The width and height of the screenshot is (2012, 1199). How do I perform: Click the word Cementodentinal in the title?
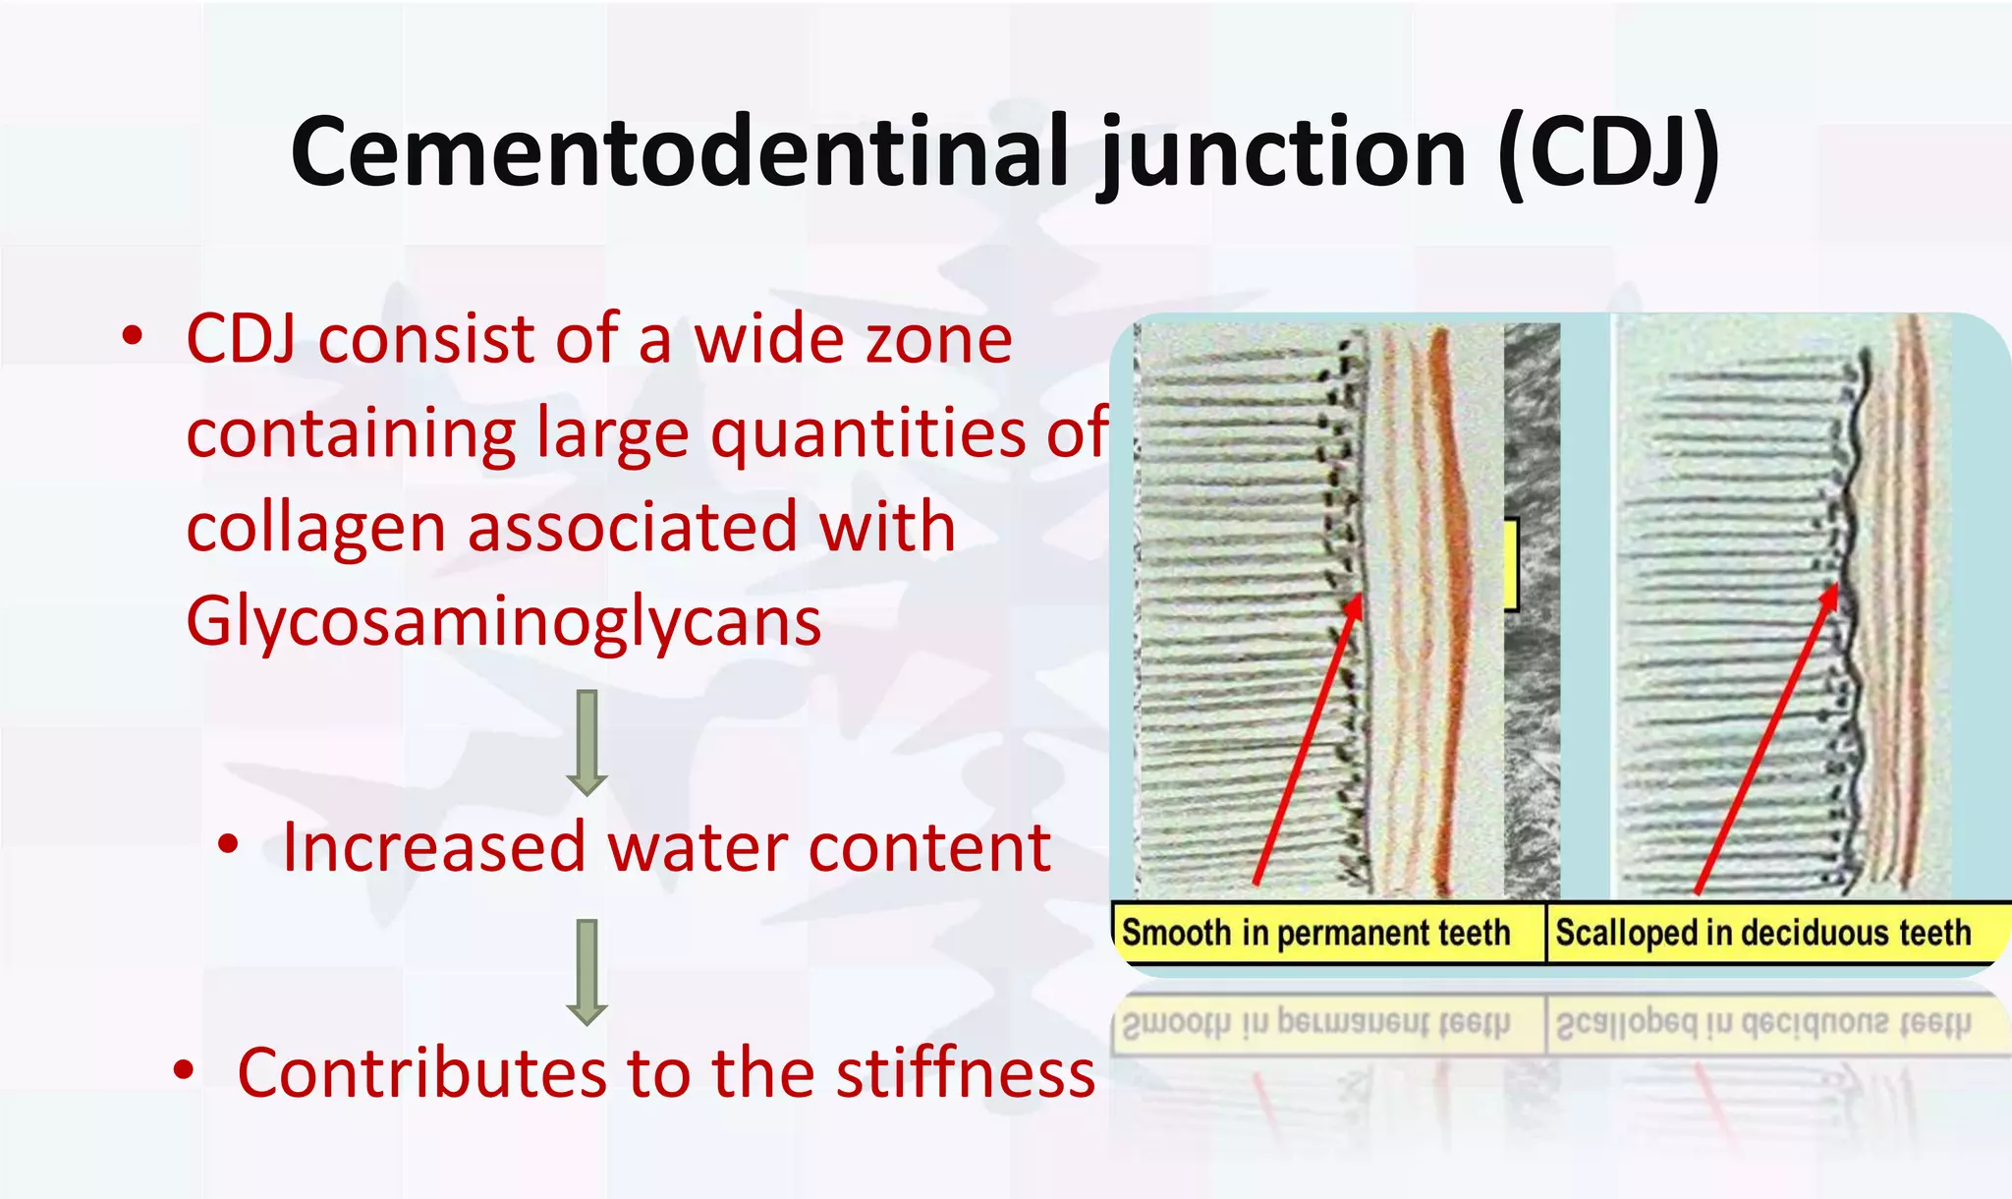[x=678, y=152]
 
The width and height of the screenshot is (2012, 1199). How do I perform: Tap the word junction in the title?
[x=1282, y=152]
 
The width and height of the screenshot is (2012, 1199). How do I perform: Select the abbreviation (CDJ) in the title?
[x=1608, y=152]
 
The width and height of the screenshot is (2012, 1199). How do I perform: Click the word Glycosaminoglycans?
[x=503, y=622]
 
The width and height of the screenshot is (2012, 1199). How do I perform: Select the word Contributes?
[x=422, y=1072]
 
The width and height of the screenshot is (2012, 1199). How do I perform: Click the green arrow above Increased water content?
[x=587, y=743]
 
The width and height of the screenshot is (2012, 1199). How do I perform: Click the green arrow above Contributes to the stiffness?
[x=587, y=972]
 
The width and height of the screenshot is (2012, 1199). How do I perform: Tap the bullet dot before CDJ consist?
[x=133, y=337]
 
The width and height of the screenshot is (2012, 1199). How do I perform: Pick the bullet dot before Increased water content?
[x=228, y=844]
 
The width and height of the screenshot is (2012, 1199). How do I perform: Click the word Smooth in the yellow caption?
[x=1175, y=932]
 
